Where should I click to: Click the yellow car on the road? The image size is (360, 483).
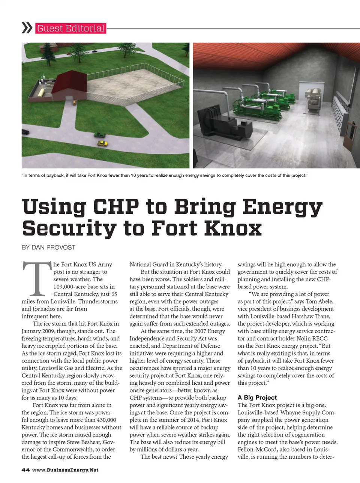click(x=102, y=143)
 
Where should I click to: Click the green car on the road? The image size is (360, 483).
click(x=100, y=135)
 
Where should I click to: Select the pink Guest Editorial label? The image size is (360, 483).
click(x=70, y=28)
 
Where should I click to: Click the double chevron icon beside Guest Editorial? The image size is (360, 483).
click(x=27, y=28)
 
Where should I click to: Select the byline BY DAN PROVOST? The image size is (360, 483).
click(x=48, y=247)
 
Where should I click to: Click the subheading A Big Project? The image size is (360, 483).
click(x=257, y=397)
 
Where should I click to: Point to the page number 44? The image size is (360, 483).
click(x=25, y=470)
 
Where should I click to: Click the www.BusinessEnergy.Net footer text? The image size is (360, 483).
click(x=65, y=470)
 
